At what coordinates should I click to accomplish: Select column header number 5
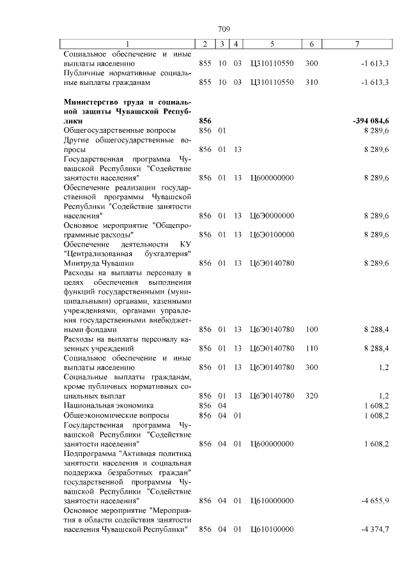tap(272, 44)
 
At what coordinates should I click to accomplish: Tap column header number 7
tap(357, 44)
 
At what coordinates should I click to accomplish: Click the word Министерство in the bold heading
tap(92, 101)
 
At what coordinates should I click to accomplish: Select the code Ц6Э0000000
tap(272, 215)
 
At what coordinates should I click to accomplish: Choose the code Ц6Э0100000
tap(272, 234)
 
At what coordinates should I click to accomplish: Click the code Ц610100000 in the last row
tap(272, 529)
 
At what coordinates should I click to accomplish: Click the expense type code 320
tap(311, 396)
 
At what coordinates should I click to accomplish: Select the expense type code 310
tap(311, 82)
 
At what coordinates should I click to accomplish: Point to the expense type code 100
tap(311, 329)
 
